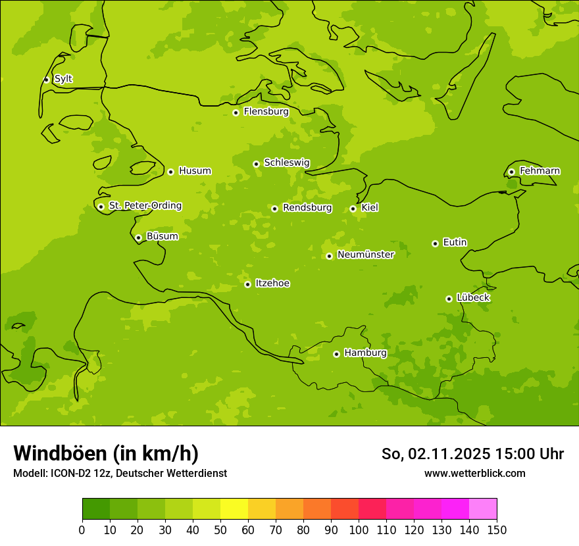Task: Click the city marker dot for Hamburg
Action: coord(336,354)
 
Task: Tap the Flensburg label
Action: coord(266,112)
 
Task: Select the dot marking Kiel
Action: coord(353,209)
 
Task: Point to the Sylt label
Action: coord(63,79)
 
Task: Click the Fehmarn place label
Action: coord(540,171)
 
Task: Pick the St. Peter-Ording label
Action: coord(145,206)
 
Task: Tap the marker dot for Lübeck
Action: coord(449,299)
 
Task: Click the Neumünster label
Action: coord(366,255)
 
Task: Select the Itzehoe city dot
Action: coord(247,284)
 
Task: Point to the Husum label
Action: coord(195,171)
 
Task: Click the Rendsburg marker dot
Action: coord(274,209)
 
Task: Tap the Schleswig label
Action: coord(286,163)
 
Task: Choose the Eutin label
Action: coord(455,243)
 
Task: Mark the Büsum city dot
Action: coord(138,237)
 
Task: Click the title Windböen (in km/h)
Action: coord(106,453)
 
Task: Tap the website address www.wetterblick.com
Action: coord(474,473)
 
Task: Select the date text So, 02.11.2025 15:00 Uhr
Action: coord(472,454)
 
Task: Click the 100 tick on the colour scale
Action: coord(359,530)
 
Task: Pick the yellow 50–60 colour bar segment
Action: coord(234,509)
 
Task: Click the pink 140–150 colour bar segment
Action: coord(483,509)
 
